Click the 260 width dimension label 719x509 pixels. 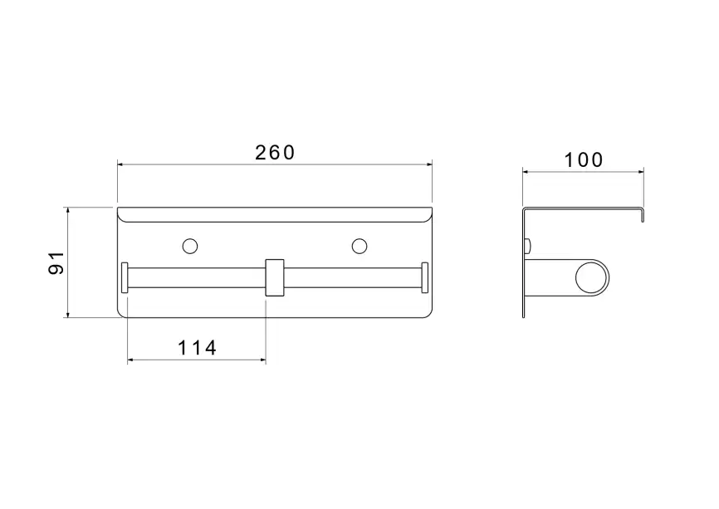[275, 153]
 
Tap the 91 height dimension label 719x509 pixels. [56, 262]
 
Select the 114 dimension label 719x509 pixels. [197, 348]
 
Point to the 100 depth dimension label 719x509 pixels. [584, 160]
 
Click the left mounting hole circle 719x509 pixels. [190, 247]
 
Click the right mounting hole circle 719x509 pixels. [359, 247]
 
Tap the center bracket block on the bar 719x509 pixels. [275, 278]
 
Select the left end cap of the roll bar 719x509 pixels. [125, 277]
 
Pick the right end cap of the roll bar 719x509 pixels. [424, 277]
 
